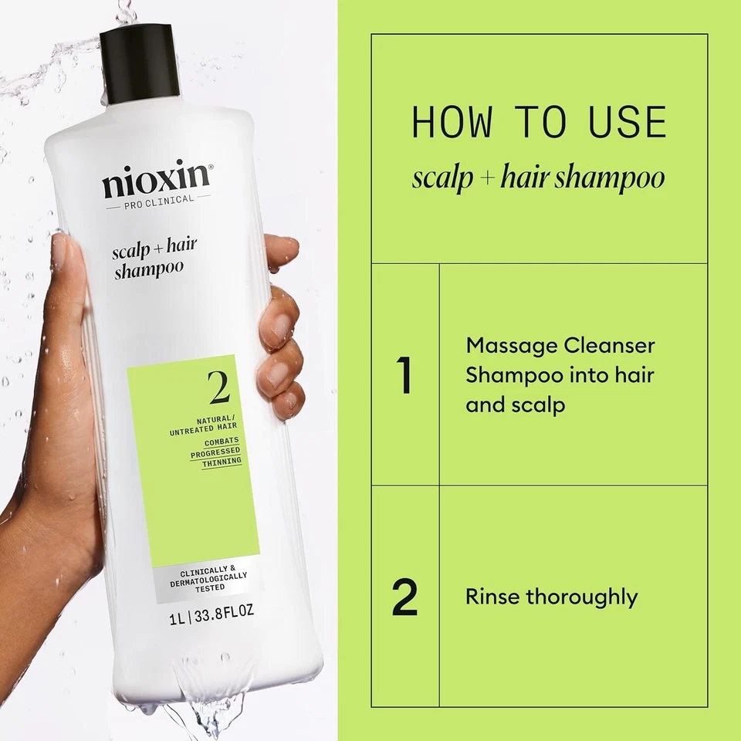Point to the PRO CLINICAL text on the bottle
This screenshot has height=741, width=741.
[x=159, y=206]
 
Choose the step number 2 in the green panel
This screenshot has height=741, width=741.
[x=405, y=597]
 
